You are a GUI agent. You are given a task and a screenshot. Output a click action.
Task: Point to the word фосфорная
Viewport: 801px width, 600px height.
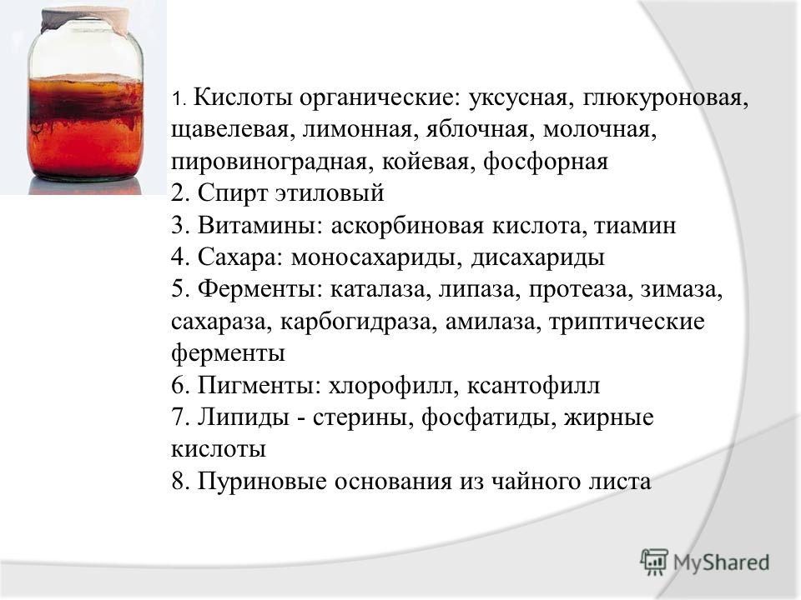pyautogui.click(x=546, y=161)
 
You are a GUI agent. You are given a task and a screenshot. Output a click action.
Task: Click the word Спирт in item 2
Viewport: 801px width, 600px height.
pyautogui.click(x=233, y=193)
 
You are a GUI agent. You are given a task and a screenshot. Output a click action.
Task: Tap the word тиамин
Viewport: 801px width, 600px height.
pyautogui.click(x=635, y=226)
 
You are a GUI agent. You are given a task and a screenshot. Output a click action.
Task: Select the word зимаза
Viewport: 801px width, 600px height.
pyautogui.click(x=682, y=290)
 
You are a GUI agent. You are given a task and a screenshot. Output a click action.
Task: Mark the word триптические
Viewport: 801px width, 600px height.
pyautogui.click(x=627, y=322)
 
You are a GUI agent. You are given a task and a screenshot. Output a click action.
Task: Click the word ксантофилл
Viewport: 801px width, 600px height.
pyautogui.click(x=533, y=385)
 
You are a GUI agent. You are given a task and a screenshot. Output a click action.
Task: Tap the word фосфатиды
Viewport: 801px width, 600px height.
pyautogui.click(x=489, y=417)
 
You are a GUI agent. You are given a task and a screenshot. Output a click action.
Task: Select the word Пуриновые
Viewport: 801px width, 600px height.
pyautogui.click(x=262, y=481)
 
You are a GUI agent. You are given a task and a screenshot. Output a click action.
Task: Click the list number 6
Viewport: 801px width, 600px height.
pyautogui.click(x=181, y=385)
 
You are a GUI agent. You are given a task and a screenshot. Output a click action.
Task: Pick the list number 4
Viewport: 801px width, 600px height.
pyautogui.click(x=181, y=257)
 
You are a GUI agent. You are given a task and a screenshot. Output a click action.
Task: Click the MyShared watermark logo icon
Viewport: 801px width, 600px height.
pyautogui.click(x=654, y=562)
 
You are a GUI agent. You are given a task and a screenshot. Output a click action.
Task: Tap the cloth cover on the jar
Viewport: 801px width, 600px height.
pyautogui.click(x=85, y=19)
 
